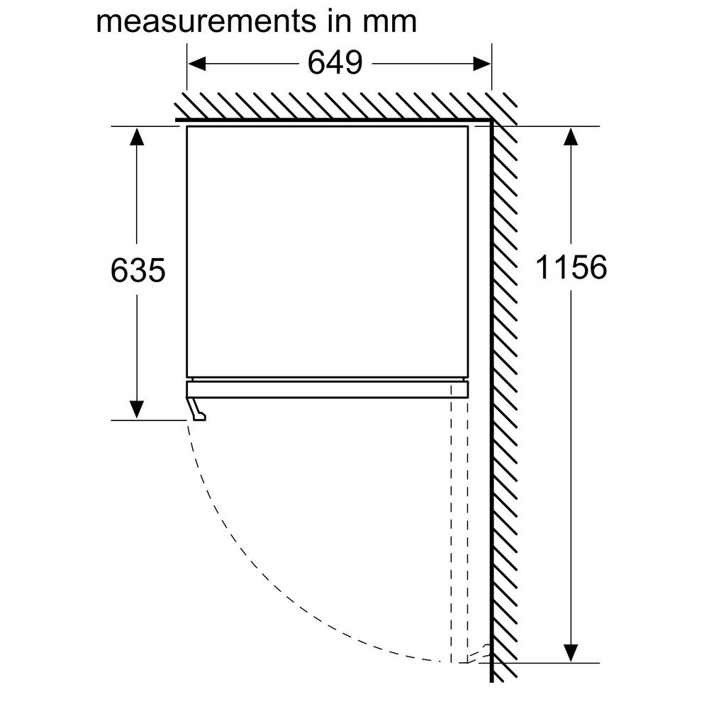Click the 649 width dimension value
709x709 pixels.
click(335, 63)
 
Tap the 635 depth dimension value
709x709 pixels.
click(138, 270)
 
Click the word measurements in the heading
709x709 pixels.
click(206, 21)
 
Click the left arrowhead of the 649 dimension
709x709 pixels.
click(196, 64)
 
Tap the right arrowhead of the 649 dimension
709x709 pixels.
click(481, 64)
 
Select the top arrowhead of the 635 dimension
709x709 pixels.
click(137, 137)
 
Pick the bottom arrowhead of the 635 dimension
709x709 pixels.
click(137, 410)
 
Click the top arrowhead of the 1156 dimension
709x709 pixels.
click(571, 137)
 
